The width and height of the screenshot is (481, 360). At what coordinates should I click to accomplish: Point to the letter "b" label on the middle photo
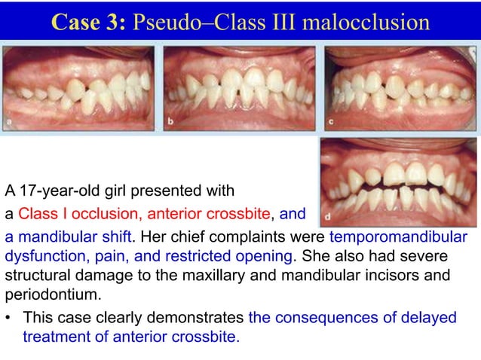tap(171, 120)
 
